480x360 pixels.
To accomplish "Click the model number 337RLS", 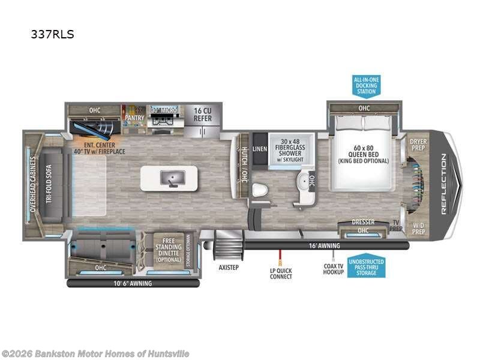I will pyautogui.click(x=52, y=34).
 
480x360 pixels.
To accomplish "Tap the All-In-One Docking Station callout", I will pyautogui.click(x=365, y=85).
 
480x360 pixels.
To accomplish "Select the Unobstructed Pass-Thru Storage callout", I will pyautogui.click(x=365, y=266).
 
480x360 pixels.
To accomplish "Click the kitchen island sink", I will pyautogui.click(x=169, y=178).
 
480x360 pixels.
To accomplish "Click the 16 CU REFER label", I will pyautogui.click(x=202, y=114).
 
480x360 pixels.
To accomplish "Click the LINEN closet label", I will pyautogui.click(x=259, y=148).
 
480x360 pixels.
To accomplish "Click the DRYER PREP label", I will pyautogui.click(x=418, y=145).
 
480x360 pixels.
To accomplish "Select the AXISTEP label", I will pyautogui.click(x=229, y=267).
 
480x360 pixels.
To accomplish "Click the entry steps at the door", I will pyautogui.click(x=227, y=245).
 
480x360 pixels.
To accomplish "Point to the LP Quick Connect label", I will pyautogui.click(x=280, y=273).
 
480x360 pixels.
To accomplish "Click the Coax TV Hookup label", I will pyautogui.click(x=333, y=269).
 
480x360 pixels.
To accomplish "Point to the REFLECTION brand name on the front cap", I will pyautogui.click(x=444, y=184).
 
